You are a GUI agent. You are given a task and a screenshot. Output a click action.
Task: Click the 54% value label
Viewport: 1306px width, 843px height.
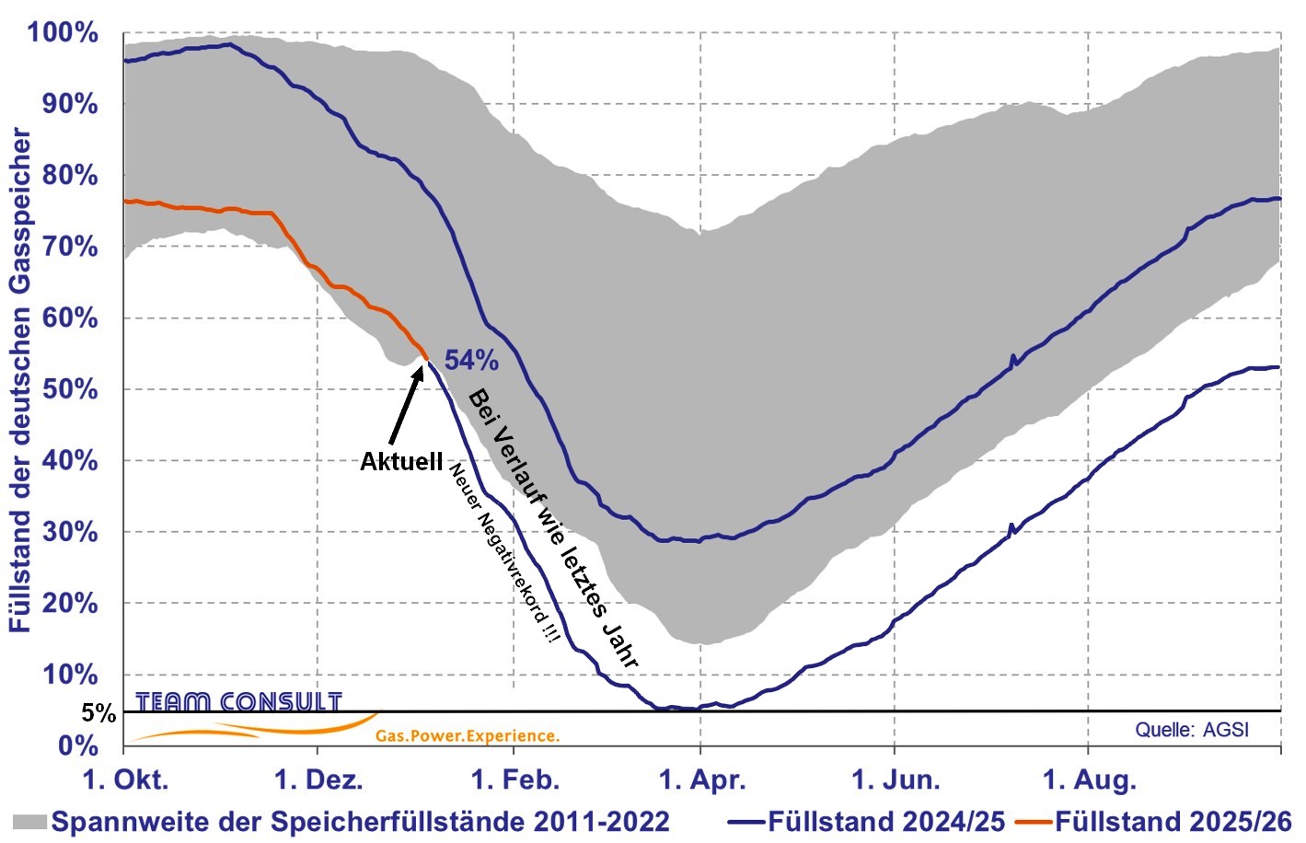[471, 360]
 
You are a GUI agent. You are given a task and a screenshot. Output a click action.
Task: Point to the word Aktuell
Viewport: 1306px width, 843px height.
[401, 461]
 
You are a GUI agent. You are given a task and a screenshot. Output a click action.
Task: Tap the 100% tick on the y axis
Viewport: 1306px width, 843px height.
[63, 32]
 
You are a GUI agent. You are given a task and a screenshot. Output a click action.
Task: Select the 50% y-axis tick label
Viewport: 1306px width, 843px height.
[70, 389]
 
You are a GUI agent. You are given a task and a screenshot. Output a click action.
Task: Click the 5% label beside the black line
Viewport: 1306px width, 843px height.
[98, 713]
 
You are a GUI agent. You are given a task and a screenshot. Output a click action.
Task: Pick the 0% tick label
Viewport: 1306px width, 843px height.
[77, 745]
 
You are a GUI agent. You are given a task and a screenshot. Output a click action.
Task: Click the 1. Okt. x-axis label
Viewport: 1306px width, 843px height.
[125, 780]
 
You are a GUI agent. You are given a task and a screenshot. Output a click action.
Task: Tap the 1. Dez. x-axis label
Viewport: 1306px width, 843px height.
[318, 780]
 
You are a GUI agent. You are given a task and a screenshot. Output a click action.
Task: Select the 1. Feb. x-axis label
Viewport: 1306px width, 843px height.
[514, 780]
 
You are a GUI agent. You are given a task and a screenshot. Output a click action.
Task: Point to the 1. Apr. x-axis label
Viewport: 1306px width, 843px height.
[702, 780]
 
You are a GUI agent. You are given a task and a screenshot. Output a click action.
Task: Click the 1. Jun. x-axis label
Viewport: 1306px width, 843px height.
[896, 780]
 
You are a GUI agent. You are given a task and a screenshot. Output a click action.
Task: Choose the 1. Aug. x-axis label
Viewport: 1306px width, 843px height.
[1089, 780]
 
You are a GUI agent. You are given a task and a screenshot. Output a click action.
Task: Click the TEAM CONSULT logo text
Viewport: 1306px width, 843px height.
[238, 702]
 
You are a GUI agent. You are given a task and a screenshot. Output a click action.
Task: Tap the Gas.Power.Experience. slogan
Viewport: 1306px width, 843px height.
[467, 735]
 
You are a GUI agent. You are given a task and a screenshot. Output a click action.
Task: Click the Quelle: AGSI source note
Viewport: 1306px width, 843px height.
[1192, 730]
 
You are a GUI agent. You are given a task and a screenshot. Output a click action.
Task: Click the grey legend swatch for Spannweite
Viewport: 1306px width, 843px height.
[29, 821]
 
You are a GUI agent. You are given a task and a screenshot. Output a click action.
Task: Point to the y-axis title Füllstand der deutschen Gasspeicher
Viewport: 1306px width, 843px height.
[20, 379]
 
